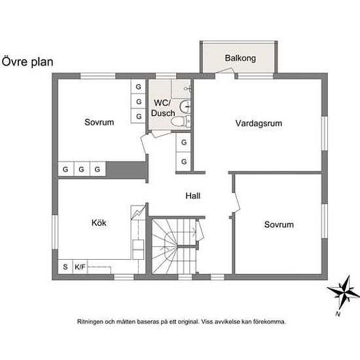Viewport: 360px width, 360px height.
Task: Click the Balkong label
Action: (240, 58)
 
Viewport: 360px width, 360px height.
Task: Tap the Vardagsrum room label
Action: (259, 123)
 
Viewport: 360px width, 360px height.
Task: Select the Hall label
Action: (192, 195)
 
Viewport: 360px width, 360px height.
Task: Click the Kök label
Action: (99, 223)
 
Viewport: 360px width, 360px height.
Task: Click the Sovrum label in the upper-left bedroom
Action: (99, 122)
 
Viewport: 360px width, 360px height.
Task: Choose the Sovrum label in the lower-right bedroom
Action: (279, 225)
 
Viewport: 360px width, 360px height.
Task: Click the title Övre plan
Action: (27, 62)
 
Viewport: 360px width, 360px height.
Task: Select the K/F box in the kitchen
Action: (80, 266)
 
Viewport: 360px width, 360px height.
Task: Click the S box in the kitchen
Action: (65, 266)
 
